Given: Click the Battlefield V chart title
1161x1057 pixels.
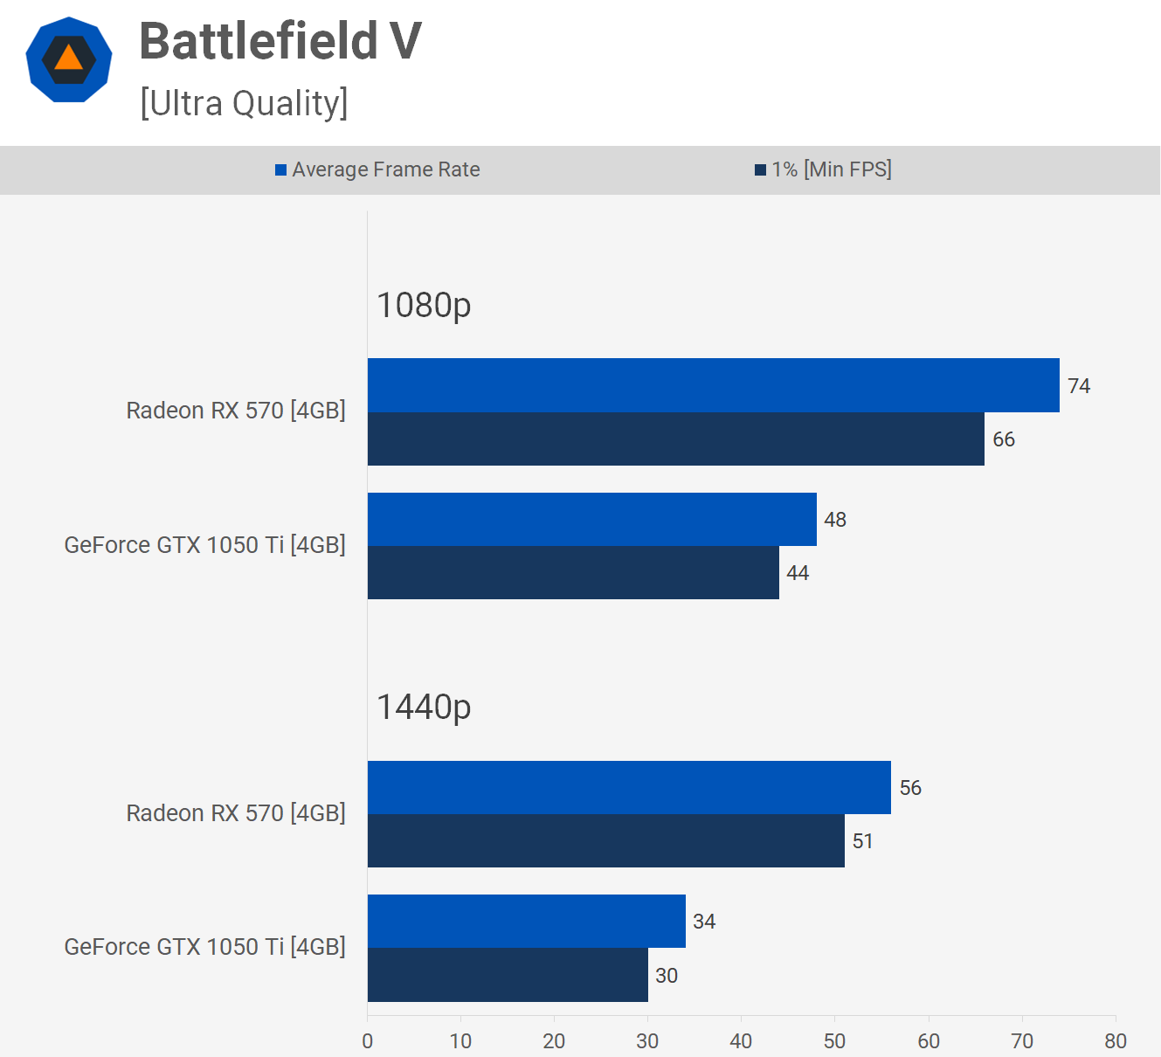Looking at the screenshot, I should click(x=280, y=41).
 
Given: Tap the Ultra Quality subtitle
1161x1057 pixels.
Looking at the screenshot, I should click(x=244, y=103).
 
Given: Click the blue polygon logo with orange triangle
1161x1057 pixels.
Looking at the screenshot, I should click(x=69, y=59).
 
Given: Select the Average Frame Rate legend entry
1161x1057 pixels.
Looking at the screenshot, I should click(x=377, y=169).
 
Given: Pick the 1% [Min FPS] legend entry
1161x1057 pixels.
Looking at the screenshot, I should click(x=823, y=169).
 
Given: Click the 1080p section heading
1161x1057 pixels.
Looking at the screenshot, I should click(x=424, y=305).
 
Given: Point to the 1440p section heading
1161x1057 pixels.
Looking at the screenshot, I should click(x=424, y=707).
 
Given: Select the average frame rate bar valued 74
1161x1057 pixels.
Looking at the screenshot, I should click(x=713, y=385).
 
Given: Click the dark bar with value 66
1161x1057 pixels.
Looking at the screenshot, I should click(x=675, y=439).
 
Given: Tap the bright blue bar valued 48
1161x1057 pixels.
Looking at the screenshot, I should click(x=591, y=519).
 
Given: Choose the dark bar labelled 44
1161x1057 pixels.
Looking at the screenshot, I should click(x=573, y=573).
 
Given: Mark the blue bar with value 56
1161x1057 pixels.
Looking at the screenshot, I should click(x=629, y=787).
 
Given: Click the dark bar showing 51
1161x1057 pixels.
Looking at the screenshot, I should click(x=605, y=840).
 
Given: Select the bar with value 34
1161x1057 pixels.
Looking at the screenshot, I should click(x=526, y=921).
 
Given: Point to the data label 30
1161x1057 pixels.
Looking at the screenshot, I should click(x=667, y=976).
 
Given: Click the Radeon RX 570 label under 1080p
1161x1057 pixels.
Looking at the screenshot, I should click(x=236, y=411).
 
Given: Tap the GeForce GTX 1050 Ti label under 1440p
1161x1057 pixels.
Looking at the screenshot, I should click(x=204, y=947).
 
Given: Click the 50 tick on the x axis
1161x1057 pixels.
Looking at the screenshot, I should click(x=834, y=1041).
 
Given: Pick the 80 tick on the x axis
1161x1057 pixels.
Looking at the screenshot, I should click(x=1116, y=1041).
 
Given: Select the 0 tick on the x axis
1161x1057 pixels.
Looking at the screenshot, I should click(x=367, y=1041).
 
